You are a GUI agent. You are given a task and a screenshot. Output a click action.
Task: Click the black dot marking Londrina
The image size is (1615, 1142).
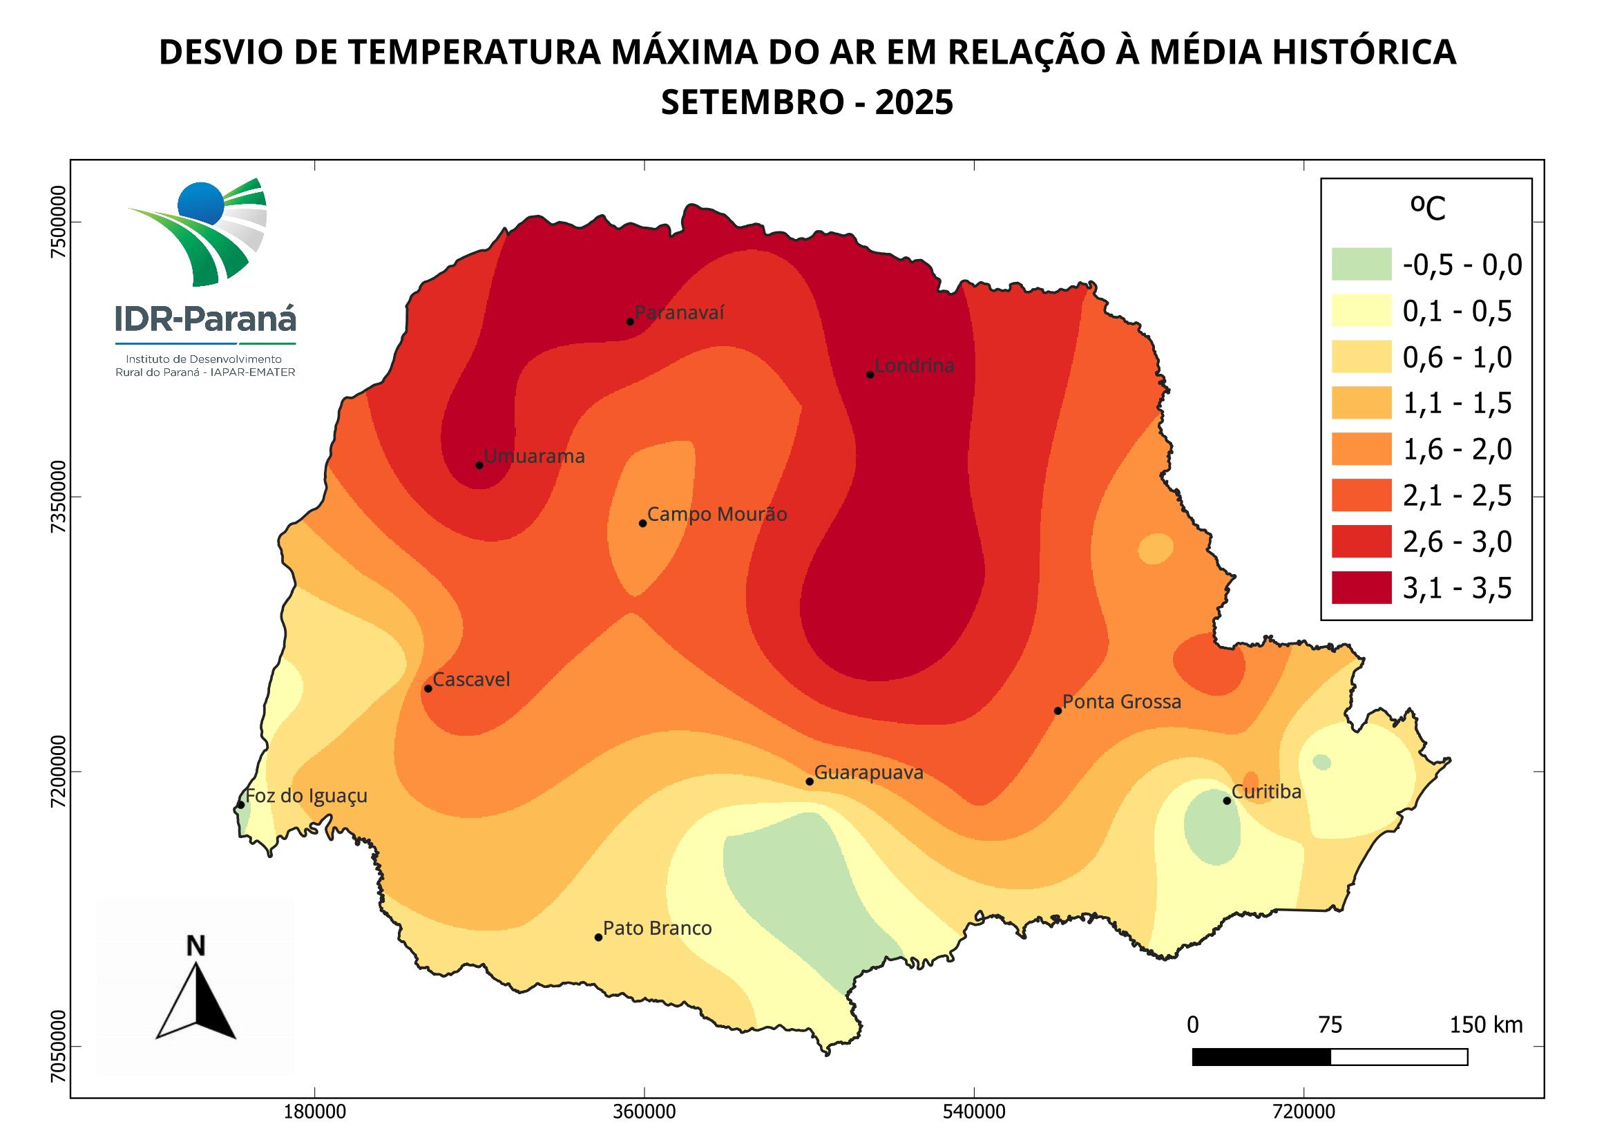(870, 374)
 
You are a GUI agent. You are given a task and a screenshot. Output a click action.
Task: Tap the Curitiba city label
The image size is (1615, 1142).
(1267, 792)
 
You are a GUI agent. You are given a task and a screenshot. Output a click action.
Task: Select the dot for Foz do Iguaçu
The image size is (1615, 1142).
(240, 805)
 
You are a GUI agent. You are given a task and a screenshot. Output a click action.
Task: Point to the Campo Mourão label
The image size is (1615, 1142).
(717, 515)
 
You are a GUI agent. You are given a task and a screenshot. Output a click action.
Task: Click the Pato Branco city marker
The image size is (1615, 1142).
(599, 938)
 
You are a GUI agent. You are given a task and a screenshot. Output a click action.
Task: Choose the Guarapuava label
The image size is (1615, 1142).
(869, 773)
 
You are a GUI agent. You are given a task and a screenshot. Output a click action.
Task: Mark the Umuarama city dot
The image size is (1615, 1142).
(479, 465)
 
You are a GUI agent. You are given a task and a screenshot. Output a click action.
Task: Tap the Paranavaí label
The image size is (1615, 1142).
(679, 312)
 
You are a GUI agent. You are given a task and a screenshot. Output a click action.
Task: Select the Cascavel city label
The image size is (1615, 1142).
(471, 680)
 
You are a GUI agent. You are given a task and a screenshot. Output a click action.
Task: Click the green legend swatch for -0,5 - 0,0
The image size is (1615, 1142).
(1361, 265)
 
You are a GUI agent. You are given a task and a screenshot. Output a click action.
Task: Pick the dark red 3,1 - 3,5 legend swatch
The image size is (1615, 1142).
(1361, 588)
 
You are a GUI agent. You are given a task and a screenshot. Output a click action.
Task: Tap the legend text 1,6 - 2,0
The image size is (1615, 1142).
(1457, 450)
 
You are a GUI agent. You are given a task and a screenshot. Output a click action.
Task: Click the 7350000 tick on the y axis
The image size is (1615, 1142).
(59, 497)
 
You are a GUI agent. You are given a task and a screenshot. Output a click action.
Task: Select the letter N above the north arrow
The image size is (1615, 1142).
(195, 946)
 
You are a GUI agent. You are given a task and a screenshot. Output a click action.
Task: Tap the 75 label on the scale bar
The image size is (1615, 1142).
(1330, 1025)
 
